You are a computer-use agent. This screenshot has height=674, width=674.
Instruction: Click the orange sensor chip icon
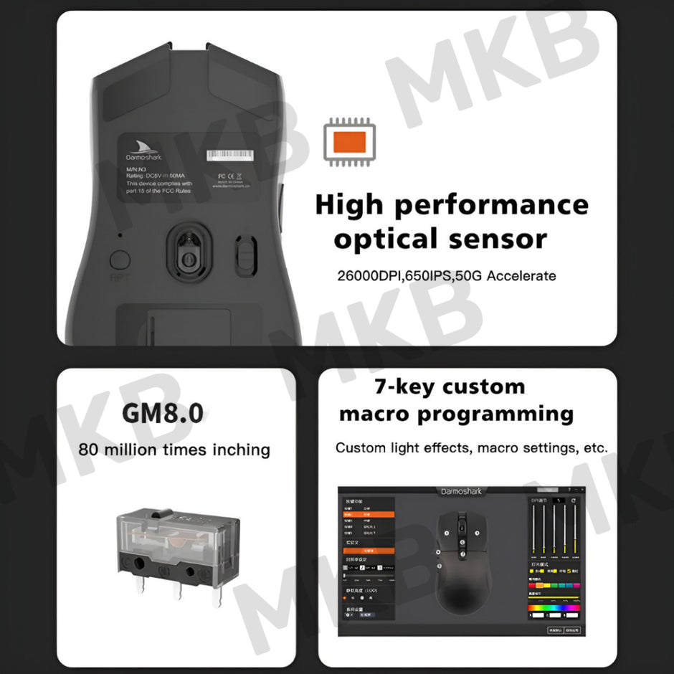pos(350,143)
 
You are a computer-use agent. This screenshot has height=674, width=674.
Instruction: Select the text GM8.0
pos(163,412)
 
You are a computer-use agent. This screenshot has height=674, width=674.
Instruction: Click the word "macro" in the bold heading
pos(374,414)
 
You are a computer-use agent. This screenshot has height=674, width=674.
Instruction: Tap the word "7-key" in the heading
pos(404,386)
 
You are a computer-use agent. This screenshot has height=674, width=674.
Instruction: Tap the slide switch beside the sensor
pos(245,255)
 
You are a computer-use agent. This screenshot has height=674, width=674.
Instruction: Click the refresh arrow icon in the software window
pos(574,500)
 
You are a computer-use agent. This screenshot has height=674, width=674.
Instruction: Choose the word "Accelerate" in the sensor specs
pos(521,276)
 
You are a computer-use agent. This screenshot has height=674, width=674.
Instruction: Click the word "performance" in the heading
pos(491,205)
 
